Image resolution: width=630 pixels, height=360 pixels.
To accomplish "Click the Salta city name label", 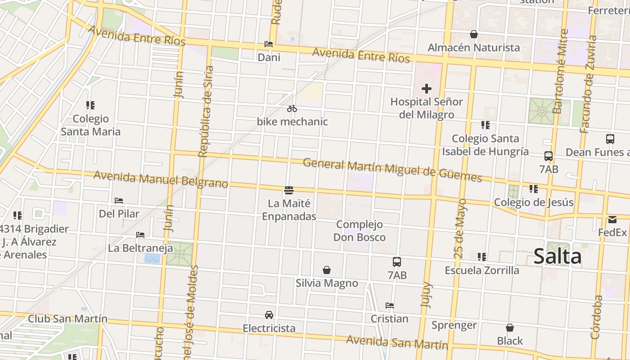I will click(557, 256).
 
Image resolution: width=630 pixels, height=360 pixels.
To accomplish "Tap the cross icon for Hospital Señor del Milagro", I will click(426, 89).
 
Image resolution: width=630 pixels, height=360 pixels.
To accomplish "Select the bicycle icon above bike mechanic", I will click(292, 108).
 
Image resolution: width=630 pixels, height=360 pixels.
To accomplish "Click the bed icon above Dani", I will click(269, 44).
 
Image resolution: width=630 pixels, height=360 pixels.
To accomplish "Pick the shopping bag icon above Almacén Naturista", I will click(473, 34).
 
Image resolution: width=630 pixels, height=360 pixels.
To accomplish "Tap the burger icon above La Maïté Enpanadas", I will click(289, 190).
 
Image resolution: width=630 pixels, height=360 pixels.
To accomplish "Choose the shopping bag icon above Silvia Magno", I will click(327, 270).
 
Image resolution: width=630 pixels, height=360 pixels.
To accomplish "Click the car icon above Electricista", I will click(269, 315).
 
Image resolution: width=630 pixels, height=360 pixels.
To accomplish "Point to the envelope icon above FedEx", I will click(612, 220).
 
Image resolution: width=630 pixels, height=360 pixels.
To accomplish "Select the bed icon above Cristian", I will click(390, 306).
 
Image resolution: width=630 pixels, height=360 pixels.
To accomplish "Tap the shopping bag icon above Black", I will click(510, 328).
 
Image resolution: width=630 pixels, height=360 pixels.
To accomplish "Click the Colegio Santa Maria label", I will click(90, 125).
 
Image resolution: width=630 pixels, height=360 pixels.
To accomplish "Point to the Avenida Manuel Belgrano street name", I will click(161, 179).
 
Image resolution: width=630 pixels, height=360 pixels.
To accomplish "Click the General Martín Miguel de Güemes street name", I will click(392, 170).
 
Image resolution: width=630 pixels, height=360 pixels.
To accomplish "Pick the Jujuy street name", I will click(426, 295).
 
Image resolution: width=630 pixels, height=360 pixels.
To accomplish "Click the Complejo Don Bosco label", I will click(360, 230).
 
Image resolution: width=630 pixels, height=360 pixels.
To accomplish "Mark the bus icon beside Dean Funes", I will click(610, 139).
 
